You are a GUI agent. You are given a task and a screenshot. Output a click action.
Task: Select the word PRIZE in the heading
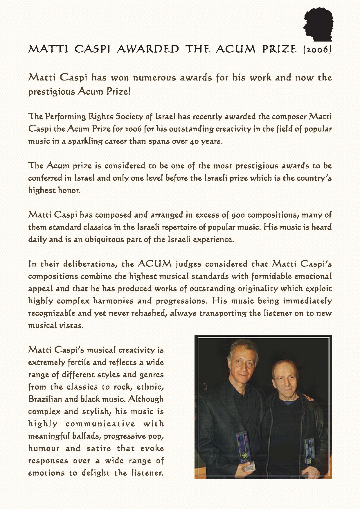[279, 49]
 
